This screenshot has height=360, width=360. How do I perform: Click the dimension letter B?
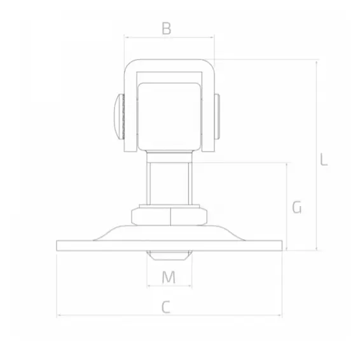tap(166, 28)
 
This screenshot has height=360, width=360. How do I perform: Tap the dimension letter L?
tap(324, 159)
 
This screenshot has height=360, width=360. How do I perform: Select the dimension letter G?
tap(296, 207)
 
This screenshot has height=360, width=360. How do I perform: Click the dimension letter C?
tap(165, 307)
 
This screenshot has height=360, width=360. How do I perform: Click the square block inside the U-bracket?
tap(169, 114)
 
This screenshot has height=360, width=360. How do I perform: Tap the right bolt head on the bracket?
tap(218, 116)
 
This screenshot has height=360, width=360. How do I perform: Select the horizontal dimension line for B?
tap(146, 37)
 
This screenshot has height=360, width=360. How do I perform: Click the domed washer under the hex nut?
tap(169, 232)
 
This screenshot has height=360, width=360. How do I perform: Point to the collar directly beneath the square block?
tap(169, 157)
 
